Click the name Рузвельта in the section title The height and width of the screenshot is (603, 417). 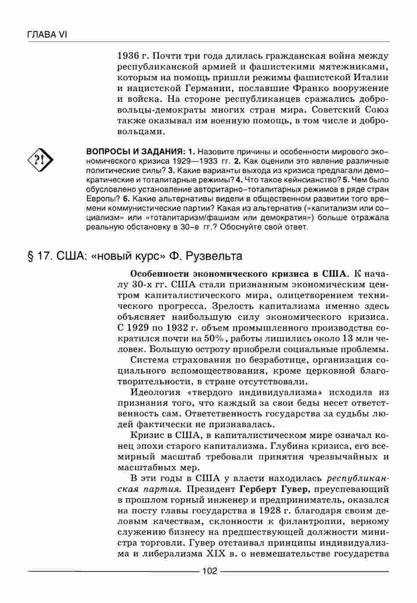click(213, 256)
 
